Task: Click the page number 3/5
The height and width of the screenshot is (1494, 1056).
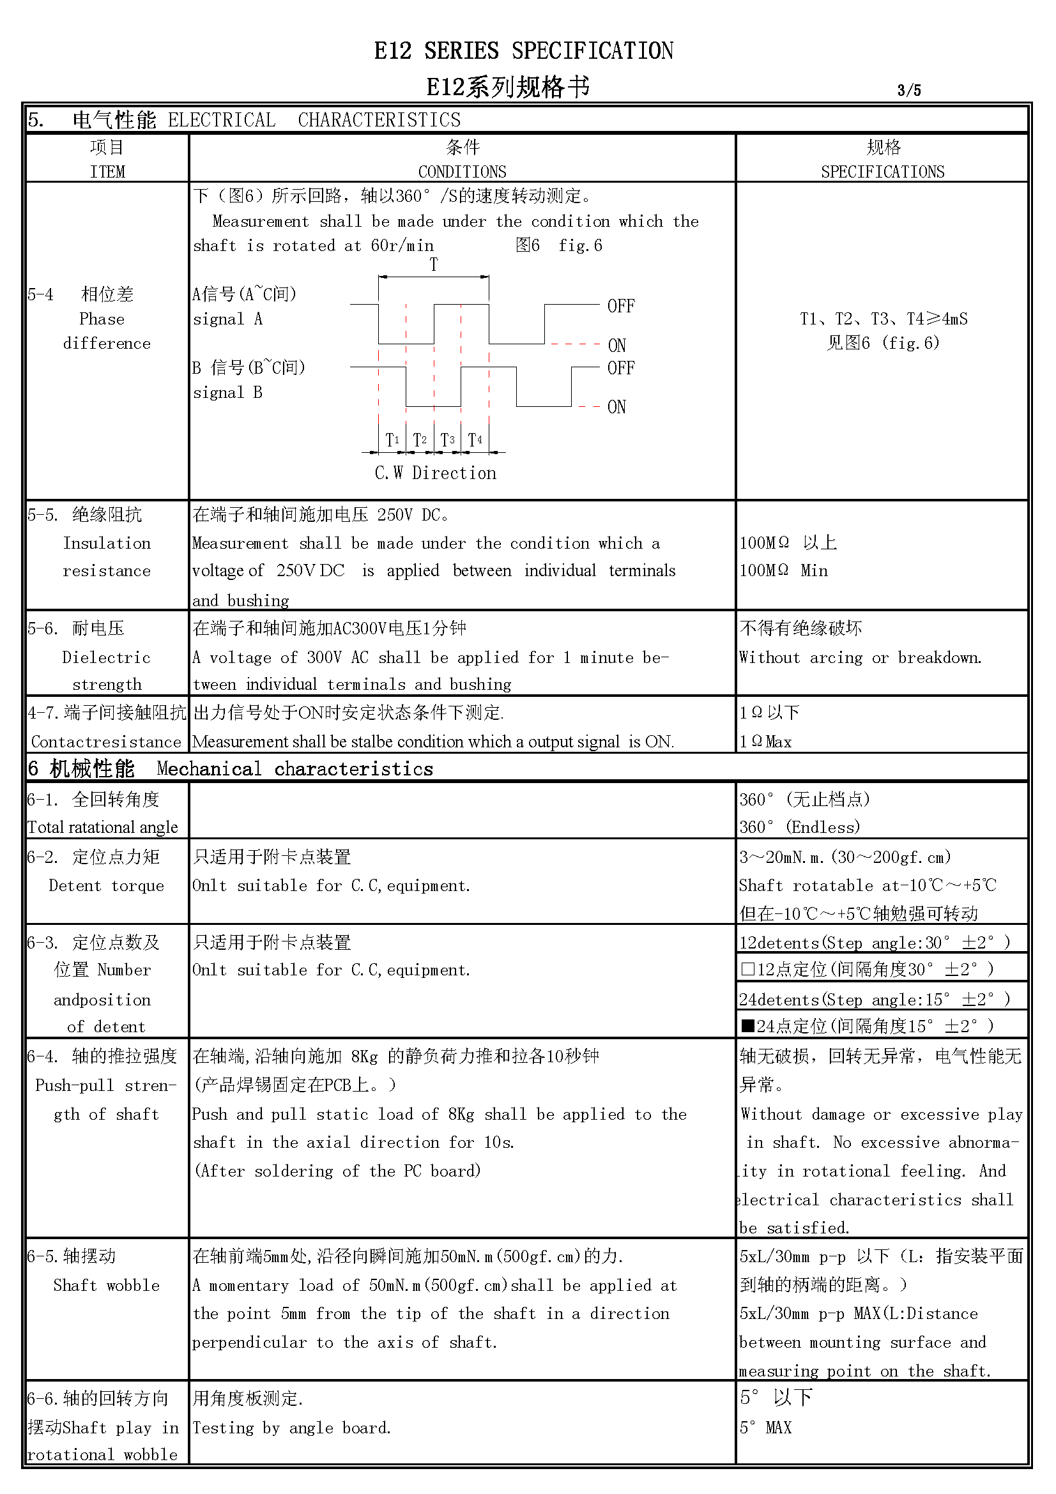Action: coord(909,90)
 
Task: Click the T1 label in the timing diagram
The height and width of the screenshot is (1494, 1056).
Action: coord(392,440)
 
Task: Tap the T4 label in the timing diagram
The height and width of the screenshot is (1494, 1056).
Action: coord(475,440)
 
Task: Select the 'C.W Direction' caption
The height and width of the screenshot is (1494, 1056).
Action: coord(435,473)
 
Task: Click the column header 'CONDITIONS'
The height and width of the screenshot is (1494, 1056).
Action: coord(462,172)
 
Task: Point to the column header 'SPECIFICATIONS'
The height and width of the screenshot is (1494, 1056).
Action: coord(882,172)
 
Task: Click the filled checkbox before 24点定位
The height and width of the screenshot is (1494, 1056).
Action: coord(747,1026)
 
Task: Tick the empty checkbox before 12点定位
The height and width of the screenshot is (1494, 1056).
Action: coord(747,970)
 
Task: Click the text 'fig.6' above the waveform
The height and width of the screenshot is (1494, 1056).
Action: coord(580,245)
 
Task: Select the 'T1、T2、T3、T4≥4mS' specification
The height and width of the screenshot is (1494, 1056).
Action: coord(884,319)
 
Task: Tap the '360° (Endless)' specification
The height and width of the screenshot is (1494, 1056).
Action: coord(800,827)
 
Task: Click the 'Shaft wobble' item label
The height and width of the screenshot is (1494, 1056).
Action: coord(107,1285)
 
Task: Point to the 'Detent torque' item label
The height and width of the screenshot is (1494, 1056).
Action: coord(107,885)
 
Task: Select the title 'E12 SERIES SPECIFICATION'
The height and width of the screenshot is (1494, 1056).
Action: coord(524,50)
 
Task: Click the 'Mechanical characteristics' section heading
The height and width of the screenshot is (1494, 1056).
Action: coord(295,769)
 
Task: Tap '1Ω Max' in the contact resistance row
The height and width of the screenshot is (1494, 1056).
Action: coord(766,742)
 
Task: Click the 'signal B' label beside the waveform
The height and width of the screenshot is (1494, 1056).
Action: coord(227,392)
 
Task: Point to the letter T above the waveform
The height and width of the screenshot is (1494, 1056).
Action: coord(433,265)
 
